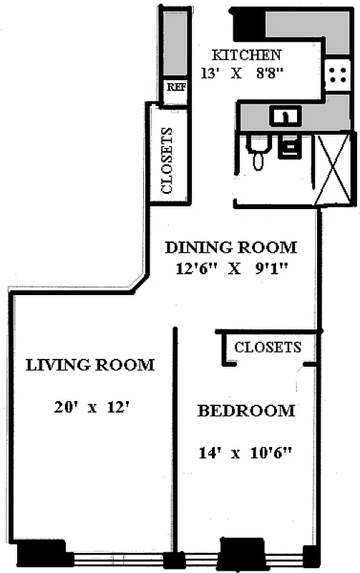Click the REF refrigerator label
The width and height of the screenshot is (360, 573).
[x=176, y=87]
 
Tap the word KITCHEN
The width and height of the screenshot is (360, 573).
[x=246, y=54]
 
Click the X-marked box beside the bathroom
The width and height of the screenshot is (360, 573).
[x=332, y=169]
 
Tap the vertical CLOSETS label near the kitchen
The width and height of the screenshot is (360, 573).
[x=167, y=161]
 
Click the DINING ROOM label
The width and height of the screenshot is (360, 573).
[x=230, y=248]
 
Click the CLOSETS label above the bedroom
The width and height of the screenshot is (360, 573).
[x=268, y=347]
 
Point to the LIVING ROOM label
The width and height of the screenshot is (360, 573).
[x=90, y=365]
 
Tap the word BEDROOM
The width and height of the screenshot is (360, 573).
[x=246, y=410]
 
